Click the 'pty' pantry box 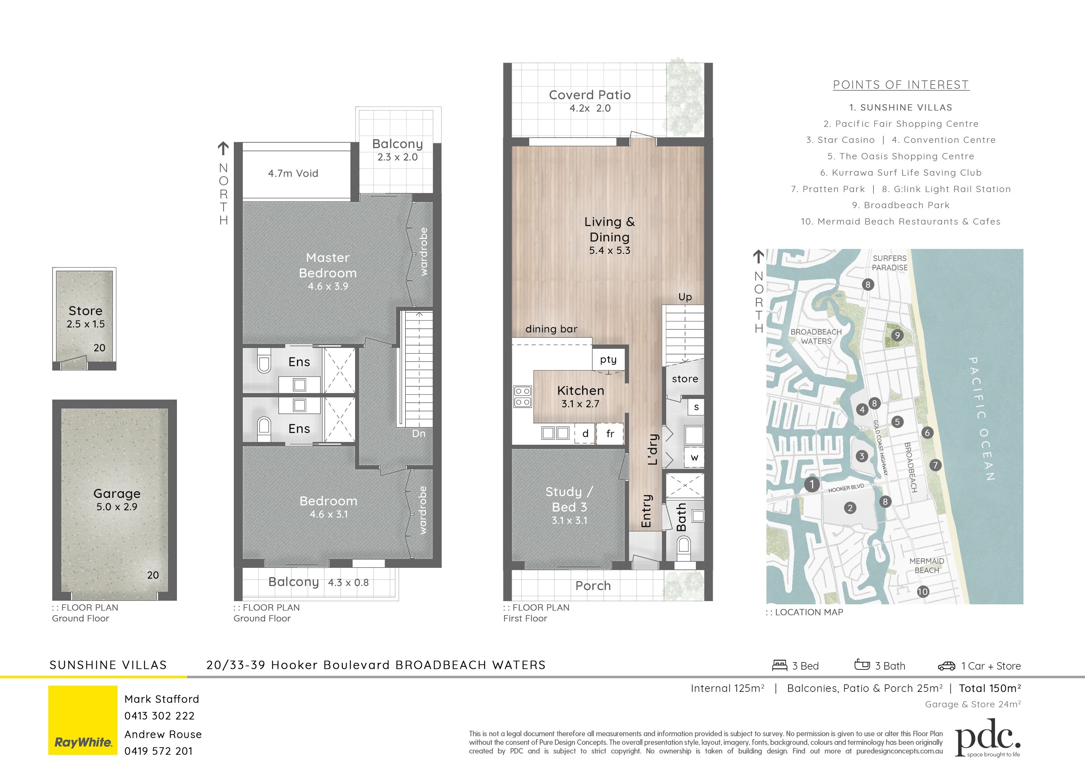tap(609, 360)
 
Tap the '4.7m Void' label tap(293, 174)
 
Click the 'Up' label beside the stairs tap(685, 297)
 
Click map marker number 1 tap(812, 484)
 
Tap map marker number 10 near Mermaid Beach tap(922, 591)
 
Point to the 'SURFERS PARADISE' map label tap(890, 263)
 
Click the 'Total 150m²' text tap(990, 688)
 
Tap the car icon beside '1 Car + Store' tap(946, 666)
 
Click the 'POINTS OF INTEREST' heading tap(901, 85)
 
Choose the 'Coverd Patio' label tap(590, 95)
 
